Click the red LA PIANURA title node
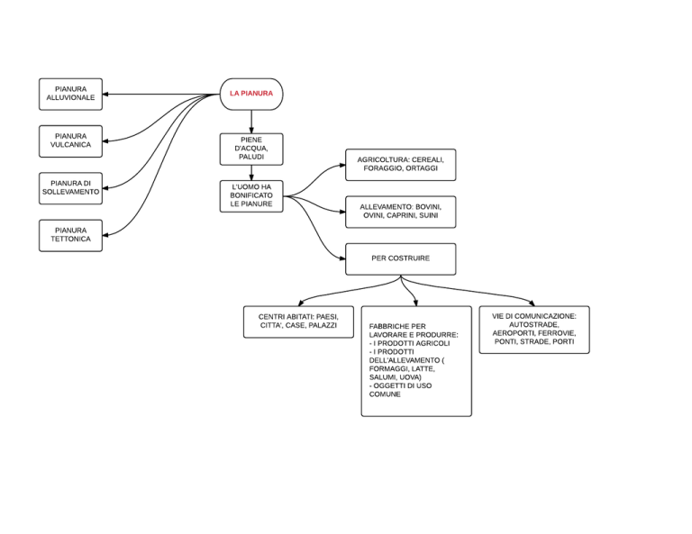(x=251, y=94)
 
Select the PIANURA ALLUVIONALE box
(x=70, y=94)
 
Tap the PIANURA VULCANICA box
(x=70, y=141)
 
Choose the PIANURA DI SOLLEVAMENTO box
(x=70, y=188)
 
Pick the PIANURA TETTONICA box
(x=70, y=235)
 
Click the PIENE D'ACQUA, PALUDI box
(x=251, y=149)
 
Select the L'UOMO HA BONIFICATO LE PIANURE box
(x=251, y=196)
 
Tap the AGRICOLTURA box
(x=400, y=165)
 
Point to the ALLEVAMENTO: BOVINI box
(x=400, y=212)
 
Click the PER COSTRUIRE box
(x=400, y=258)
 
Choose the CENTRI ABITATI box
(x=298, y=321)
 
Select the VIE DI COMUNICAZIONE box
(x=534, y=330)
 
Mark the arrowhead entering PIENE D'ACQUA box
(x=251, y=131)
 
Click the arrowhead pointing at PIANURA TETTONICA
(x=105, y=235)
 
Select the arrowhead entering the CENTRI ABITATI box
(x=301, y=303)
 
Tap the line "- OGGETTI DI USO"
(x=400, y=385)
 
